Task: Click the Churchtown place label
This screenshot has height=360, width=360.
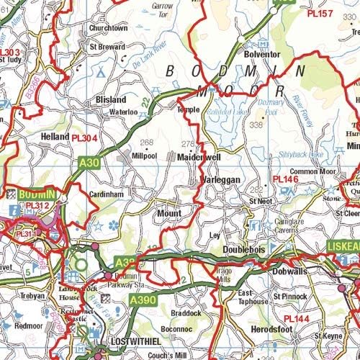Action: [x=108, y=28]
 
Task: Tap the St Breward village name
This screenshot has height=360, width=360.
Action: [x=107, y=46]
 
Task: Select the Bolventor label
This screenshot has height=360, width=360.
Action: [x=261, y=54]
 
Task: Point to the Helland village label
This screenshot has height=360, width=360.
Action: [x=55, y=136]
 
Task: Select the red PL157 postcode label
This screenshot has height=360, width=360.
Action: [x=320, y=14]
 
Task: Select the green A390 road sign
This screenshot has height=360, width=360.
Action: [x=142, y=299]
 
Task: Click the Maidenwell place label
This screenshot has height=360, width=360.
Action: [x=198, y=156]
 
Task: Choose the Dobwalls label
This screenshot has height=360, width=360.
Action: [x=290, y=272]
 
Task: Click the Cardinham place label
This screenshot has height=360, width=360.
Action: [x=108, y=195]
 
